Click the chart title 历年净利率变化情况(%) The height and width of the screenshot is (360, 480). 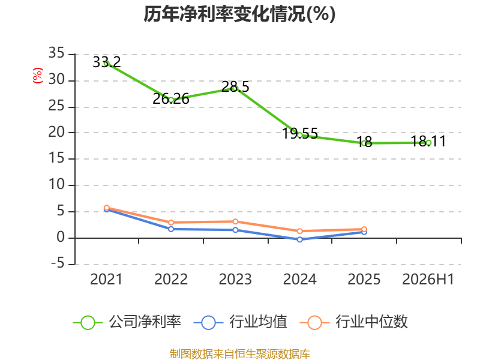[239, 14]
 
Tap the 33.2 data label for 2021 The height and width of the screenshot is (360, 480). [107, 62]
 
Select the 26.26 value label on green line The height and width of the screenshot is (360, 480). [171, 99]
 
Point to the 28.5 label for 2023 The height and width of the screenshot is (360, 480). [235, 86]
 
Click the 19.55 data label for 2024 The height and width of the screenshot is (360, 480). [299, 133]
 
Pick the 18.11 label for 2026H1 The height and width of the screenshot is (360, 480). [428, 141]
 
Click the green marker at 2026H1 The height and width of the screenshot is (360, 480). [428, 143]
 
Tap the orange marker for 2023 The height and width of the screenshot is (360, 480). [235, 221]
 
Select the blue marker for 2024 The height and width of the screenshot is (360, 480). [299, 239]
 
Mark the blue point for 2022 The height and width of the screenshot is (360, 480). [171, 229]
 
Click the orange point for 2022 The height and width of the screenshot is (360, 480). [171, 223]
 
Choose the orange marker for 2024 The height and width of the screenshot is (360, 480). [299, 231]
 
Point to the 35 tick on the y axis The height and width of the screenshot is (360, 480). [56, 53]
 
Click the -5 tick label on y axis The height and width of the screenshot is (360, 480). [58, 263]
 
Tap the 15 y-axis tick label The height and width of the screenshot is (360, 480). [56, 158]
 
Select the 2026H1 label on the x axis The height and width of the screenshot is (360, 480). [428, 280]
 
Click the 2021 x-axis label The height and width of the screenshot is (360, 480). [106, 280]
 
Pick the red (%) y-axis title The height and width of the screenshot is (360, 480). [37, 76]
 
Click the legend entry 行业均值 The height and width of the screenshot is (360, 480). [241, 322]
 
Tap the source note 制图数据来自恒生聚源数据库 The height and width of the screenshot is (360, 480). [239, 354]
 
